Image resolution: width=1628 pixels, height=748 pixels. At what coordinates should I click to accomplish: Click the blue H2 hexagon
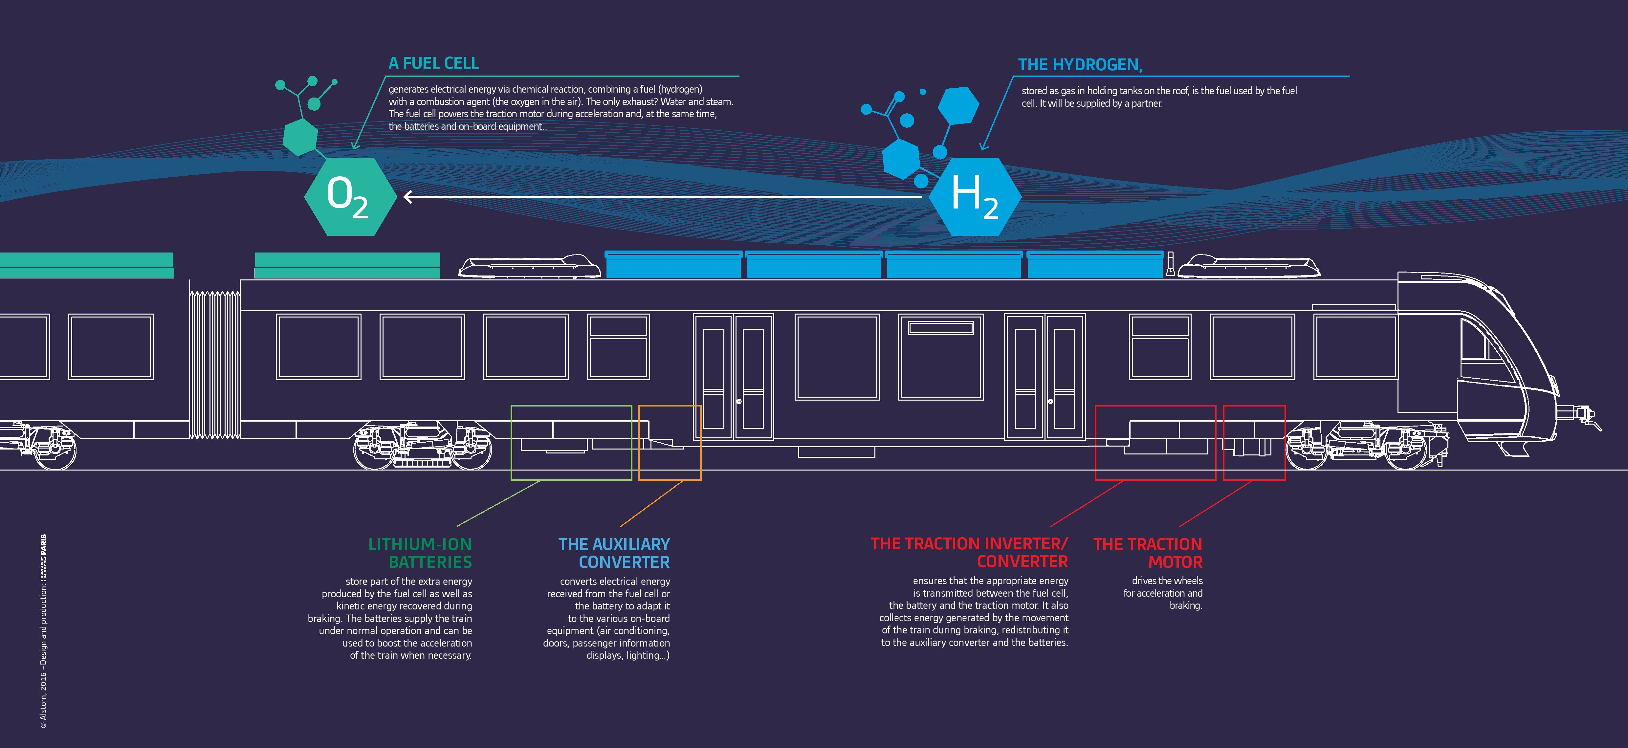pos(974,196)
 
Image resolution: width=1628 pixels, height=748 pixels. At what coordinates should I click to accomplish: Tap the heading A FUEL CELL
pos(433,63)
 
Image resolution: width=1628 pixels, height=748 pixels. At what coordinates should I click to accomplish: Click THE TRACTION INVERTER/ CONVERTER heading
pos(969,552)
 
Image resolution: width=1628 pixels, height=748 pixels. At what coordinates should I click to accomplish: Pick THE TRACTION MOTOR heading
pos(1148,553)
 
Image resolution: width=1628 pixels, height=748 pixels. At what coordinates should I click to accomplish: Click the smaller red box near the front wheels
pos(1254,442)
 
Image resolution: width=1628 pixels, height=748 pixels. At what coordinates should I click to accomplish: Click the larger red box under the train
pos(1155,442)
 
